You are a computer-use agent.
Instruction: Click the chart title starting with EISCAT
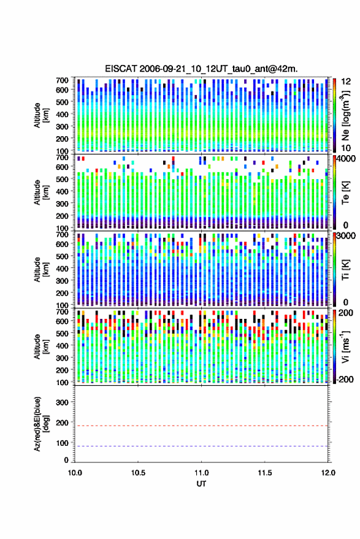(201, 69)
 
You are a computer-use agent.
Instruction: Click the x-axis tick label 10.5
(138, 473)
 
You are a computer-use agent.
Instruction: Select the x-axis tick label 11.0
(201, 473)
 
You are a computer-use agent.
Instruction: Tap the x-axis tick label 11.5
(264, 473)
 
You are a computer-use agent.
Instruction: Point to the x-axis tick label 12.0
(328, 473)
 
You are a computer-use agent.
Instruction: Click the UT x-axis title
(201, 484)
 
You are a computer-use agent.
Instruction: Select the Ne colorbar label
(345, 115)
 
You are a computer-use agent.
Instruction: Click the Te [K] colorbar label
(345, 193)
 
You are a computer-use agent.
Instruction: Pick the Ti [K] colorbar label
(345, 270)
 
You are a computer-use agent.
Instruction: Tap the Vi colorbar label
(345, 346)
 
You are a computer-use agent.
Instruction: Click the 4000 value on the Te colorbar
(346, 159)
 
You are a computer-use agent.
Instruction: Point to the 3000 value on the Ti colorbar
(346, 236)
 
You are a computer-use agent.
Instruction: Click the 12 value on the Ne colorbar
(346, 82)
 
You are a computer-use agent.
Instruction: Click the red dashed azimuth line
(201, 426)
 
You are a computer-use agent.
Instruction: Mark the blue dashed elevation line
(201, 446)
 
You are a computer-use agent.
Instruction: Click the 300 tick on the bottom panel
(62, 402)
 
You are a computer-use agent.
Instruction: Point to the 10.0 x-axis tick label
(75, 473)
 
